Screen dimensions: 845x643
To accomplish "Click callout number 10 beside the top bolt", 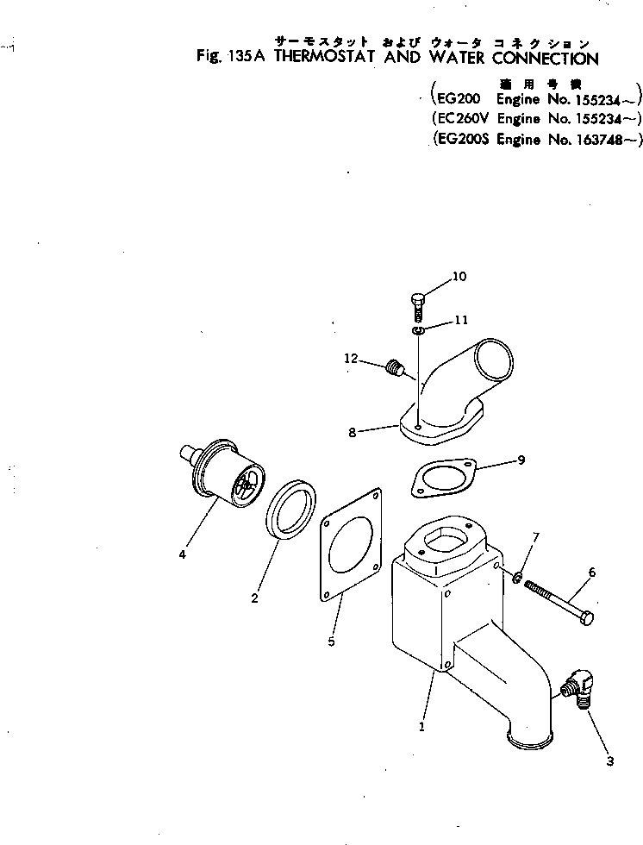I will pyautogui.click(x=459, y=277).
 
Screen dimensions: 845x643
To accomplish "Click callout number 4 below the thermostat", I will pyautogui.click(x=182, y=554).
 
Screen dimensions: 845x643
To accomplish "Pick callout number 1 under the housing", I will pyautogui.click(x=421, y=727).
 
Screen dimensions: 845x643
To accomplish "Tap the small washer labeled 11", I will pyautogui.click(x=417, y=329).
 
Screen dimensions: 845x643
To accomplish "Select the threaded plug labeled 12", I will pyautogui.click(x=396, y=368).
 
